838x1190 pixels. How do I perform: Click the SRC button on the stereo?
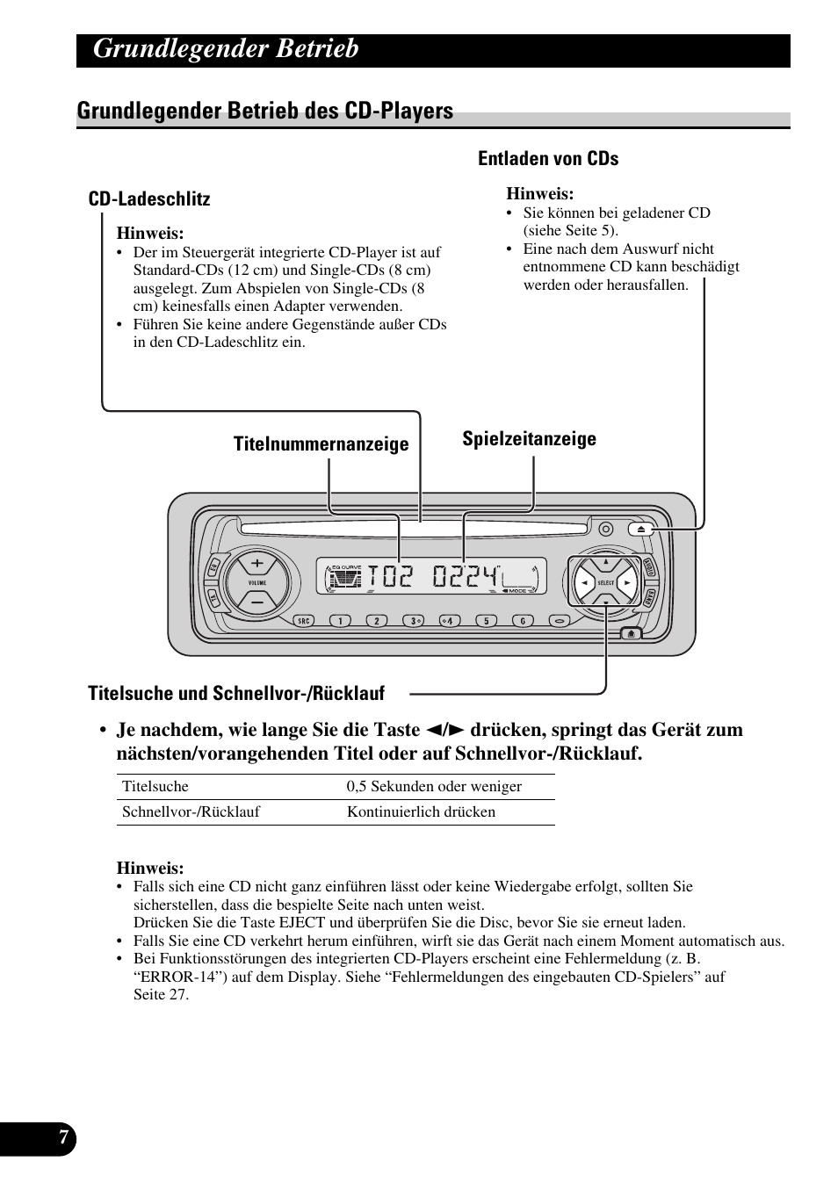pyautogui.click(x=304, y=621)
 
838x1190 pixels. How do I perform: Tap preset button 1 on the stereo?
pyautogui.click(x=339, y=621)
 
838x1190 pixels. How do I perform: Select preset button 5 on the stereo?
pyautogui.click(x=486, y=621)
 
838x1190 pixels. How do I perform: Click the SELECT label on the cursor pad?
pyautogui.click(x=606, y=583)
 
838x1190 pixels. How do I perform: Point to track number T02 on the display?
pyautogui.click(x=390, y=577)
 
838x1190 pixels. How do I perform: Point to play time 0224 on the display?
pyautogui.click(x=465, y=577)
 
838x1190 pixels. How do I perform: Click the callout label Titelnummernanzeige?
pyautogui.click(x=321, y=444)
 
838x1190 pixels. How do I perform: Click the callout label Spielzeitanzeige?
pyautogui.click(x=529, y=439)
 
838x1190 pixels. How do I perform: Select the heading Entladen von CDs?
pyautogui.click(x=548, y=159)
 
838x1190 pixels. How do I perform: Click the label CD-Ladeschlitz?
pyautogui.click(x=149, y=199)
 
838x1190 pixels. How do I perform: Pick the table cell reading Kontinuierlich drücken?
pyautogui.click(x=421, y=812)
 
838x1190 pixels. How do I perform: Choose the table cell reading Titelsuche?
pyautogui.click(x=155, y=787)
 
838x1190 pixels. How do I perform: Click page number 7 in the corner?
pyautogui.click(x=63, y=1137)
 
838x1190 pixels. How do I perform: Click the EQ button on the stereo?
pyautogui.click(x=213, y=569)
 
